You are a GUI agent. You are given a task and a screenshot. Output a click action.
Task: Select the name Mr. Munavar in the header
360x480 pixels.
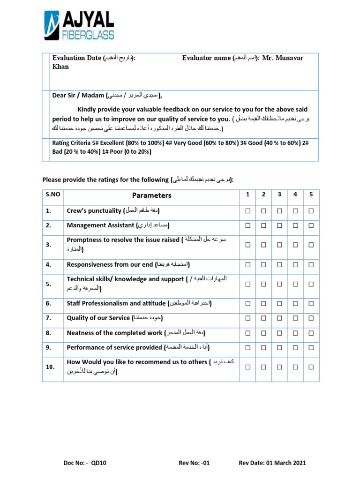[x=283, y=58]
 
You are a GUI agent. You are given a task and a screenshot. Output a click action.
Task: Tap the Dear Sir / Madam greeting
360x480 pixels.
[x=79, y=96]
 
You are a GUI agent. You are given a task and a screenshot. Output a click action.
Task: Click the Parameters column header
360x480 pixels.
[x=151, y=195]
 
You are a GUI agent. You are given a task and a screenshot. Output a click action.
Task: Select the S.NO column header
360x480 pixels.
[x=52, y=195]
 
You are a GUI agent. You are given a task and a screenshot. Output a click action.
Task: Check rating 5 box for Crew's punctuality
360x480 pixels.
[x=310, y=211]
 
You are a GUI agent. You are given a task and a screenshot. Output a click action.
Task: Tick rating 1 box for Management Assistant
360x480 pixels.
[x=248, y=225]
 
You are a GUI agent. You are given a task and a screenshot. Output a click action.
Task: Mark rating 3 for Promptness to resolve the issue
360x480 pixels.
[x=279, y=245]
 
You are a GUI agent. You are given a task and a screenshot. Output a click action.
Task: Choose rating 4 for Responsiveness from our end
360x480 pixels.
[x=295, y=264]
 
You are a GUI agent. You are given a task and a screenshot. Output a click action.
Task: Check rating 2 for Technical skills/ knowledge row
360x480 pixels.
[x=263, y=284]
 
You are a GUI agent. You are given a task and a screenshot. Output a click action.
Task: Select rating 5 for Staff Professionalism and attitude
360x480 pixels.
[x=310, y=303]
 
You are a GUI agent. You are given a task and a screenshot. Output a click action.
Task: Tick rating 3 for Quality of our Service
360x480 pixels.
[x=279, y=318]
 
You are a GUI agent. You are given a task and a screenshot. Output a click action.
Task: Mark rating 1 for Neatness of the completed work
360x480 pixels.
[x=248, y=333]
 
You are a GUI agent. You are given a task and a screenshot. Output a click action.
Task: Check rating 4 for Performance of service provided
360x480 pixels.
[x=295, y=347]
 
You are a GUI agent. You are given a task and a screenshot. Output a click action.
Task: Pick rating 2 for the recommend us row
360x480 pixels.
[x=263, y=367]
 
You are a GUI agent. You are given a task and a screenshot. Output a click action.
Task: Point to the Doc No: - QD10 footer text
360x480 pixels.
[x=85, y=463]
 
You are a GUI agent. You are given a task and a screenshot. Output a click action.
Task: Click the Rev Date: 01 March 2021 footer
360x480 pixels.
[x=272, y=463]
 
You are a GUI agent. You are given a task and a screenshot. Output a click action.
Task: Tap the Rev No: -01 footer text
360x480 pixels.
[x=194, y=463]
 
